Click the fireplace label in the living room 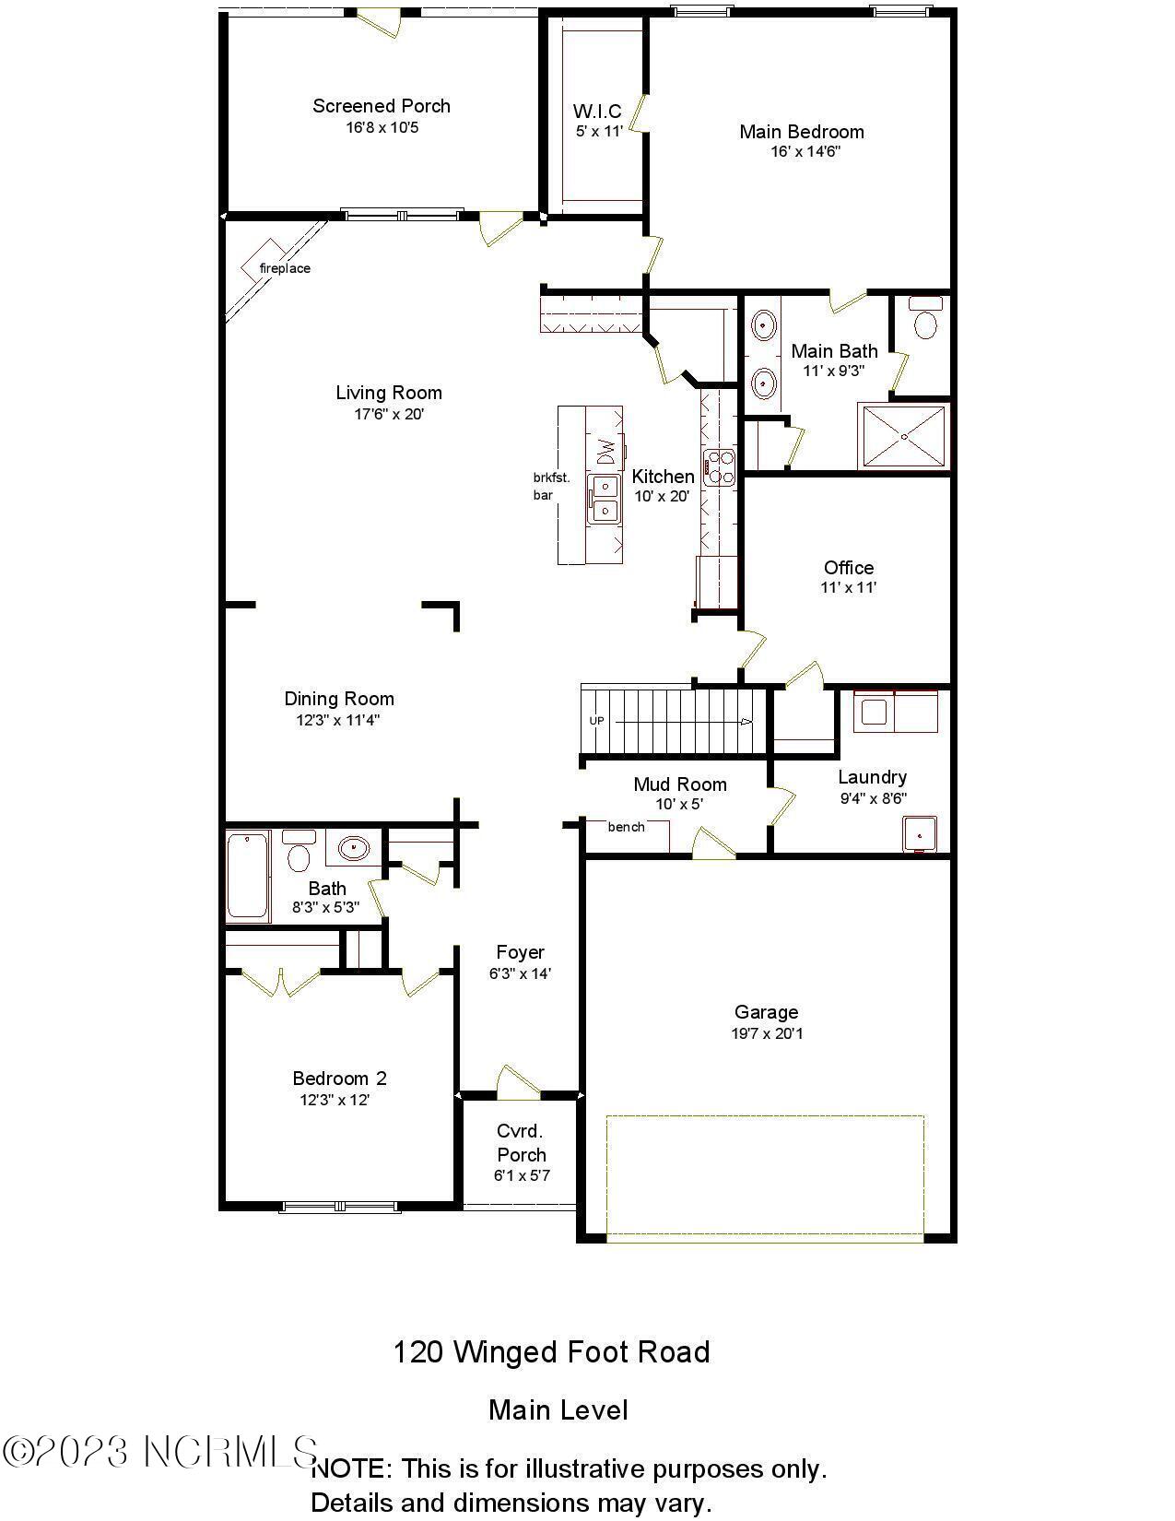284,268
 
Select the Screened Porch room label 382,106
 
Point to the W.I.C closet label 597,112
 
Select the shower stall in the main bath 902,435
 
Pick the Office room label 849,568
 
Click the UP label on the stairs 597,721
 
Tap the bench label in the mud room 627,827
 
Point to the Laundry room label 872,777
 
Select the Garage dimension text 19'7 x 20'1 767,1033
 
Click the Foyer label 520,952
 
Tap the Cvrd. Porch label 522,1142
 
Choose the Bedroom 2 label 339,1079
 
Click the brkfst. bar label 551,486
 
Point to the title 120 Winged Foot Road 551,1352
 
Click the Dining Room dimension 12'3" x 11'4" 338,720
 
